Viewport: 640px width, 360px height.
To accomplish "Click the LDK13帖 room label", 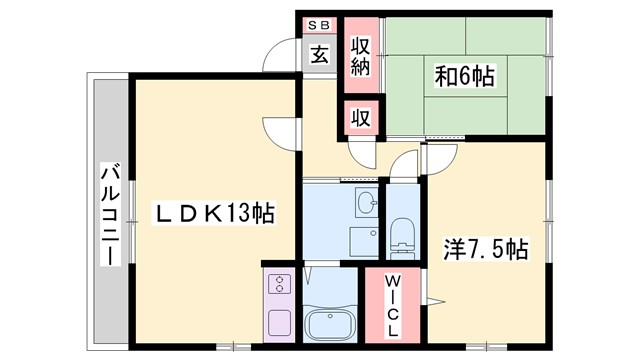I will coord(214,213).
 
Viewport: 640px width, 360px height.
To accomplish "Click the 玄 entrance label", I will coord(318,55).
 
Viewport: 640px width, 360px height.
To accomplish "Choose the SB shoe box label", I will coord(318,25).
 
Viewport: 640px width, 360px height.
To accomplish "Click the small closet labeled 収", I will coord(359,117).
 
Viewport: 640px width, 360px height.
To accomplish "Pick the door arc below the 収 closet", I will coord(360,150).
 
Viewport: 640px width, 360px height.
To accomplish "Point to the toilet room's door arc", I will coord(405,165).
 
